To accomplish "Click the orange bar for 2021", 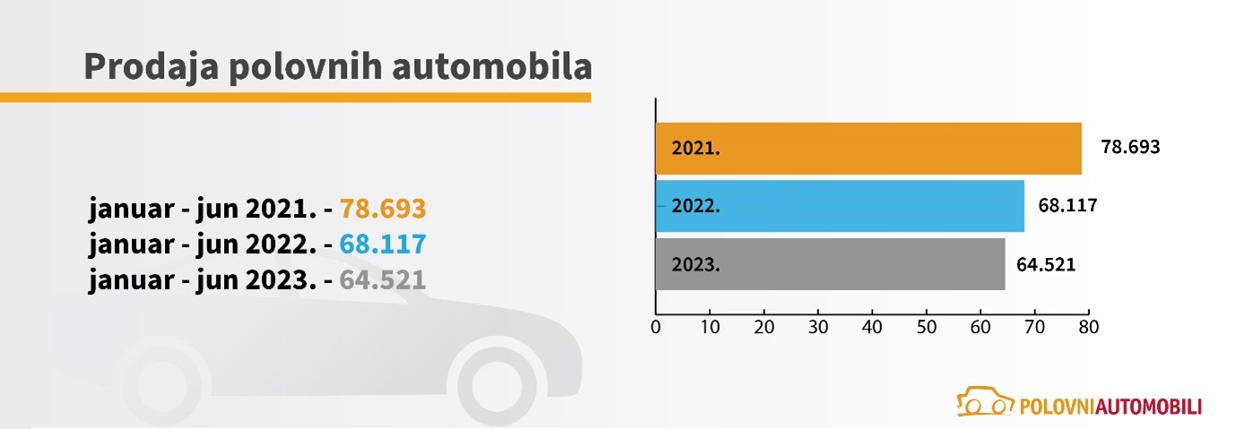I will click(868, 149).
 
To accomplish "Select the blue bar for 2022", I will click(839, 206).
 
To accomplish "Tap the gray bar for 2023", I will click(829, 264).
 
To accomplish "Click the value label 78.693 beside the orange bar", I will click(1130, 147).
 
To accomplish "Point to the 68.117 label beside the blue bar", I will click(1067, 205).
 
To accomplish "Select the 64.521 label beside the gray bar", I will click(1046, 264).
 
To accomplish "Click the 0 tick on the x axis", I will click(656, 328).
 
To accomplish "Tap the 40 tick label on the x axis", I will click(872, 328).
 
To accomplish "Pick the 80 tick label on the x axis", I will click(1088, 328).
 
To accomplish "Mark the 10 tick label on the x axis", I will click(710, 328).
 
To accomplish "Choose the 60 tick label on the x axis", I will click(980, 328).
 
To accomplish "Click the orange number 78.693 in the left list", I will click(383, 209).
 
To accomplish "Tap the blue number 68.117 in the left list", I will click(383, 245).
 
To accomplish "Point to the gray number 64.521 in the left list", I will click(383, 280).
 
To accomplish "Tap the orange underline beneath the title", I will click(296, 97).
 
